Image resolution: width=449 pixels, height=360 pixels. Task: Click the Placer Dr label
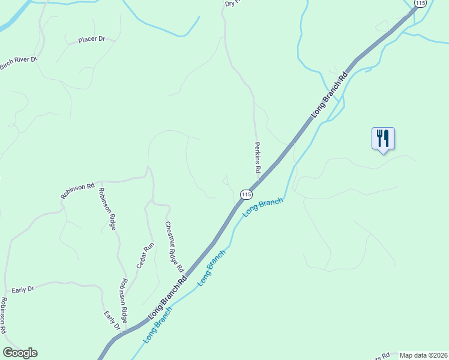pos(91,40)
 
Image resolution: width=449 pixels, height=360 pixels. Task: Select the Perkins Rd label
pos(257,158)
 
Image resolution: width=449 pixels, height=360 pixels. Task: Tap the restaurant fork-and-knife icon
pos(382,139)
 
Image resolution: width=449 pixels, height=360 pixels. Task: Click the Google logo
pos(20,353)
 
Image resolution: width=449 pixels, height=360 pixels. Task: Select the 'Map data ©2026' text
pos(424,355)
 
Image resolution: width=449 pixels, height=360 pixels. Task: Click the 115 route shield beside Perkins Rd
pos(246,194)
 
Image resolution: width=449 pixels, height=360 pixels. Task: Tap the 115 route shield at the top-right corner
pos(420,4)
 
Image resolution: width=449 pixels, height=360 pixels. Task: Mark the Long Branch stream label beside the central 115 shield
pos(262,207)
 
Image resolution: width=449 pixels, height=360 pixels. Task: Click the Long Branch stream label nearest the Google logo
pos(158,325)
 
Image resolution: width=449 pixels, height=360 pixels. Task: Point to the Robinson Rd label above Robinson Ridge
pos(77,191)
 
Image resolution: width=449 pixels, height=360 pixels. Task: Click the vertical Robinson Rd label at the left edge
pos(4,316)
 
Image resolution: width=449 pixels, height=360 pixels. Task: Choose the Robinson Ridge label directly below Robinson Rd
pos(107,209)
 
